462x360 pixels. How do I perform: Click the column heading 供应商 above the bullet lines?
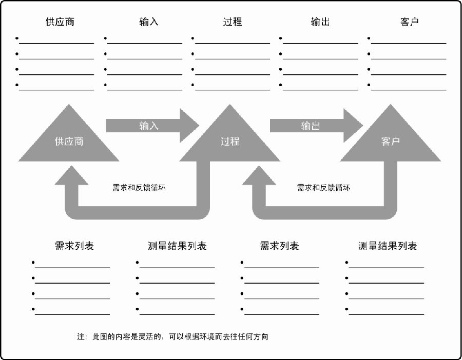point(60,22)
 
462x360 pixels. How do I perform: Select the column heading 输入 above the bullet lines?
point(149,22)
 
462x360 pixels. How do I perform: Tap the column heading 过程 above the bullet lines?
point(233,22)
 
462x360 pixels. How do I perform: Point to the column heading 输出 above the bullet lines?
point(320,22)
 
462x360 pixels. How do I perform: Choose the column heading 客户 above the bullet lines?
point(410,22)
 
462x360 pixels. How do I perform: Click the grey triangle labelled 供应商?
point(69,142)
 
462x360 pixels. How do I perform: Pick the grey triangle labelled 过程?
point(230,142)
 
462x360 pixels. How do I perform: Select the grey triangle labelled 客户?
point(391,142)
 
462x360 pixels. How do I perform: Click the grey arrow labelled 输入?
point(152,126)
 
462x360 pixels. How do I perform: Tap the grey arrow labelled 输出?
point(316,126)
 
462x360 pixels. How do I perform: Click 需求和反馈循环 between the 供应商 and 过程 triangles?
point(139,188)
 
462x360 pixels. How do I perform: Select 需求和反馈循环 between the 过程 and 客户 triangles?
point(323,188)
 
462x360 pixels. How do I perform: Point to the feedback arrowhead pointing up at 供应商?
point(71,176)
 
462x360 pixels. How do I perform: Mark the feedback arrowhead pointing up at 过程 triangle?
point(259,176)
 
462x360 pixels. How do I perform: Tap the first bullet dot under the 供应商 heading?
point(17,38)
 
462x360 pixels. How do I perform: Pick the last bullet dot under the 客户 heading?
point(369,85)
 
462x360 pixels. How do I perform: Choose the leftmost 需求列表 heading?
point(74,246)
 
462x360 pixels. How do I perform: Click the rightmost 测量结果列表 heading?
point(388,246)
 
